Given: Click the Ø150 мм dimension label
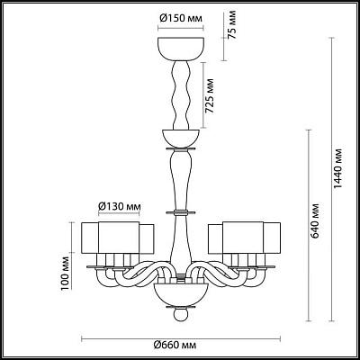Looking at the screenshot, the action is (181, 19).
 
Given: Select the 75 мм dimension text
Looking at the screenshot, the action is (231, 25).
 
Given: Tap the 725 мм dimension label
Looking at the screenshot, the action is (210, 96).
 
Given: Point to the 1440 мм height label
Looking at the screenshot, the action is (338, 168).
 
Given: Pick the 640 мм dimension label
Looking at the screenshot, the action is (315, 220).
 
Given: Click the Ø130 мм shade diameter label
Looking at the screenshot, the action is (120, 206).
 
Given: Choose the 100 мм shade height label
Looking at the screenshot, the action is (65, 274).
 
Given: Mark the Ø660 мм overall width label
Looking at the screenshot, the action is (175, 346).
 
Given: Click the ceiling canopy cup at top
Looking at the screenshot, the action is (181, 49).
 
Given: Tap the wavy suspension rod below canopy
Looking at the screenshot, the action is (181, 94).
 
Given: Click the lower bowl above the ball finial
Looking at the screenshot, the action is (180, 294).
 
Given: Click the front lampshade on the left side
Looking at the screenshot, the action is (119, 238).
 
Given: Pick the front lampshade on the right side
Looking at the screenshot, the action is (243, 238).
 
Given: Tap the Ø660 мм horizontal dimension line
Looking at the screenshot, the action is (181, 339).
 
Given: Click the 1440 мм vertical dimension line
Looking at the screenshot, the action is (331, 179).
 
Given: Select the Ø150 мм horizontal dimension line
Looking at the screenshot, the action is (181, 29).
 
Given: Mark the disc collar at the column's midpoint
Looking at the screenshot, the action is (181, 212).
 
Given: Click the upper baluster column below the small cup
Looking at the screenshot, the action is (181, 179).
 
